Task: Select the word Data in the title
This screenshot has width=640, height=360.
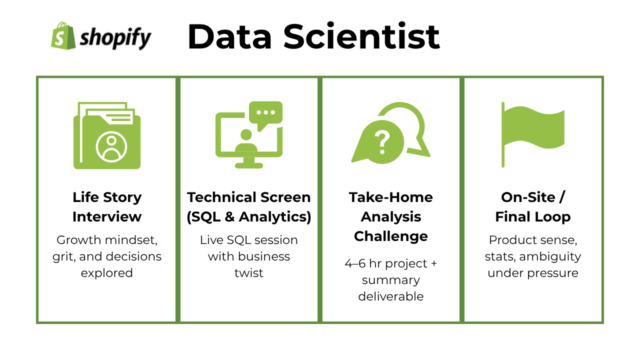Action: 229,37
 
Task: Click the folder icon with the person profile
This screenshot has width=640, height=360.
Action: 107,135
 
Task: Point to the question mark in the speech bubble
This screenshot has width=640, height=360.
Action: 382,142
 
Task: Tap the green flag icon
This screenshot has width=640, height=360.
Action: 533,134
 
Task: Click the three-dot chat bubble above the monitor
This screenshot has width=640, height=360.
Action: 265,115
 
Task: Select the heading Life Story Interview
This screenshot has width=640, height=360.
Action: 107,207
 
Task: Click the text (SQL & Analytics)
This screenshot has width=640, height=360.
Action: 249,217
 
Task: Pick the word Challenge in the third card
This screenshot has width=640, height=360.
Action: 391,236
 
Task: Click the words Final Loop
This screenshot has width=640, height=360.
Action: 533,217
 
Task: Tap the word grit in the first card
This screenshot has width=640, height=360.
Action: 64,256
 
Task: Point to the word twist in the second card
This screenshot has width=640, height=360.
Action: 249,273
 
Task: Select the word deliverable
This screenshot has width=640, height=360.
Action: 391,296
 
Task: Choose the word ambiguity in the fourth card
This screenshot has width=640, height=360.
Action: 550,257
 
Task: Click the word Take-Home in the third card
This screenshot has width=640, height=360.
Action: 391,197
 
